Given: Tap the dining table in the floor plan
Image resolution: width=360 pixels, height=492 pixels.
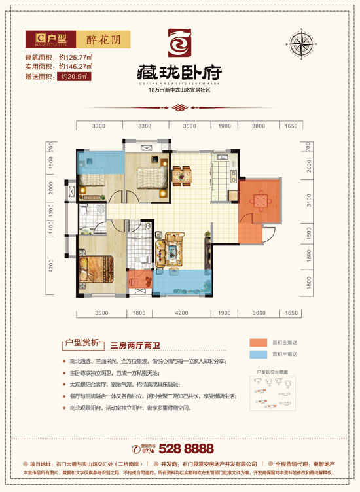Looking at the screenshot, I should [x=182, y=175].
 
